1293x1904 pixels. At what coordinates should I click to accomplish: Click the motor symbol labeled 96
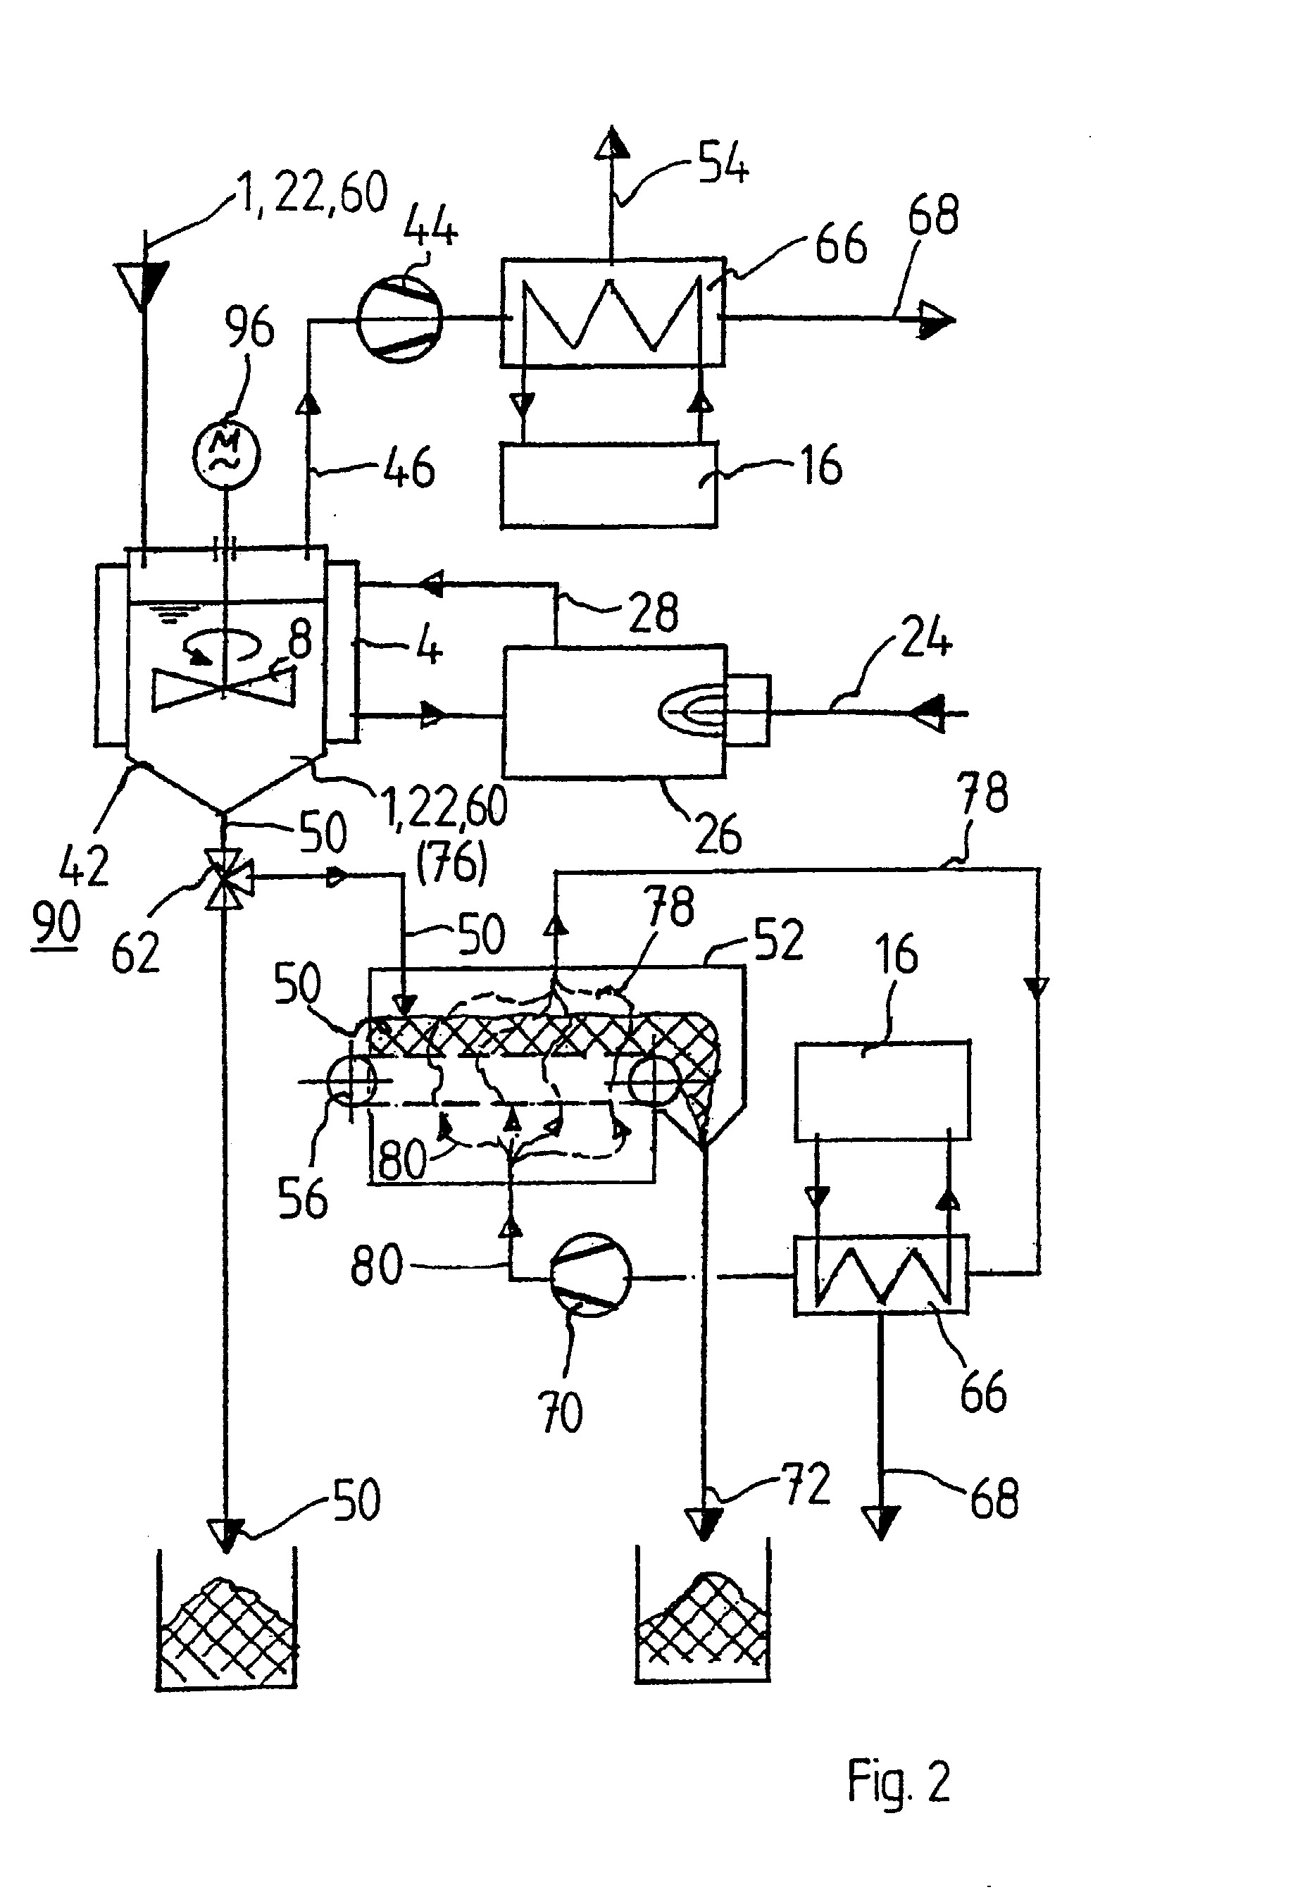coord(226,453)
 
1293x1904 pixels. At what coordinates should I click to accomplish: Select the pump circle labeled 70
coord(587,1275)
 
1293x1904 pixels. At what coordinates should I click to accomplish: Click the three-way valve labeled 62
coord(226,878)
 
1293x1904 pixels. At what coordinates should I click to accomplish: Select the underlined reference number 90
coord(56,924)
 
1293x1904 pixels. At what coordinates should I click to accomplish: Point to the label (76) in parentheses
coord(451,864)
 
